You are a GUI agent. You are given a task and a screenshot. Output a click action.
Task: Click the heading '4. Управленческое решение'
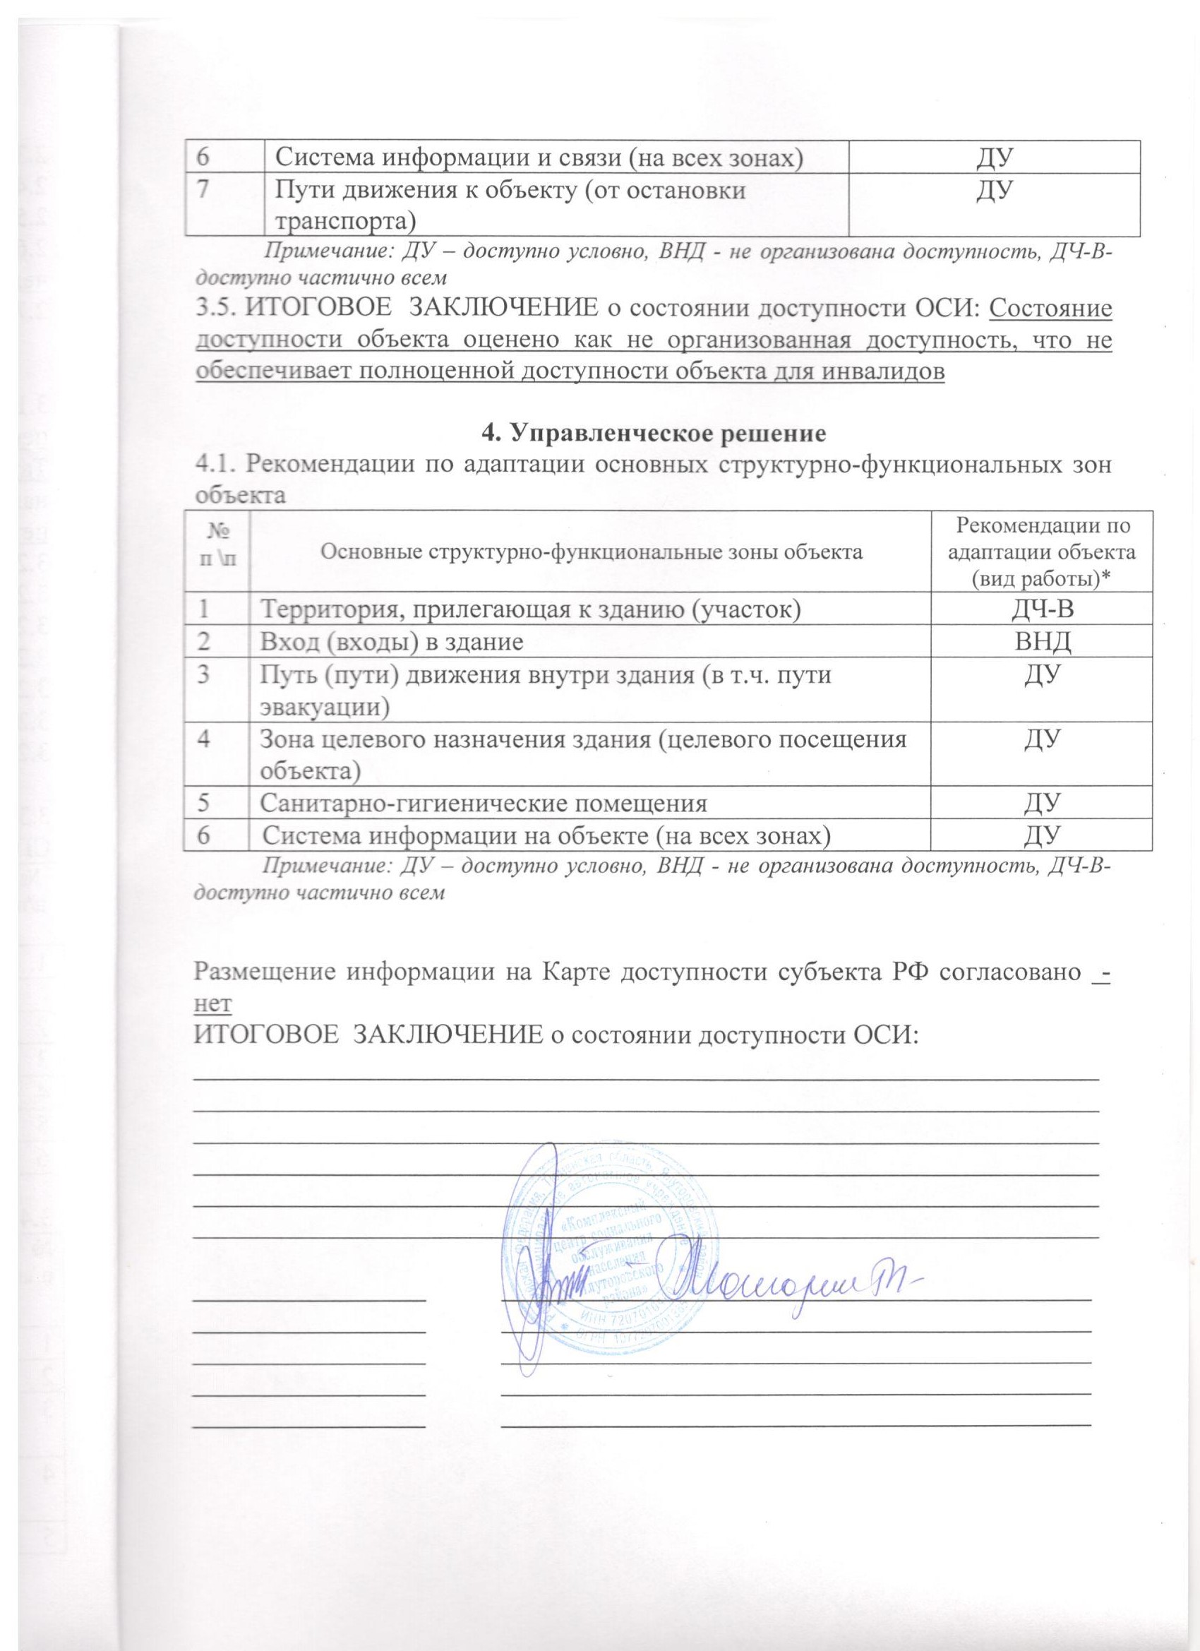[x=654, y=432]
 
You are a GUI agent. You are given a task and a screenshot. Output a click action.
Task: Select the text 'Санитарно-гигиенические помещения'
[x=484, y=804]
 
